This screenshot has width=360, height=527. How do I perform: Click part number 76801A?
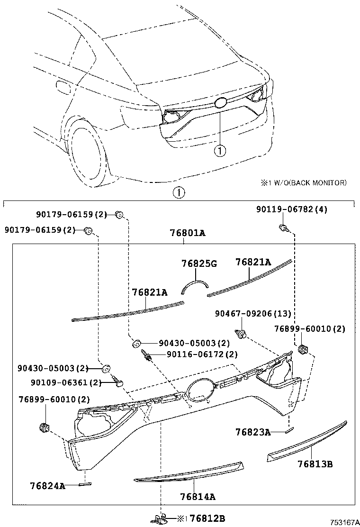[188, 233]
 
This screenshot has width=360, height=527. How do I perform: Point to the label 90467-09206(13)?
[253, 314]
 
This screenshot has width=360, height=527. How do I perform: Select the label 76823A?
[253, 432]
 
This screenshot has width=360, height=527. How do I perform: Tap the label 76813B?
[315, 464]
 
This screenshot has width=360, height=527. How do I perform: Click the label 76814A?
[198, 497]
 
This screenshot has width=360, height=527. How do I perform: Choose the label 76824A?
[47, 486]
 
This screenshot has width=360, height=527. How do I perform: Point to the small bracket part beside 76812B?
[161, 518]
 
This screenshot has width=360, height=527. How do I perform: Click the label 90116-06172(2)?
[202, 354]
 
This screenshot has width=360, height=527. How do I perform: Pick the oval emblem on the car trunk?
[221, 103]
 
